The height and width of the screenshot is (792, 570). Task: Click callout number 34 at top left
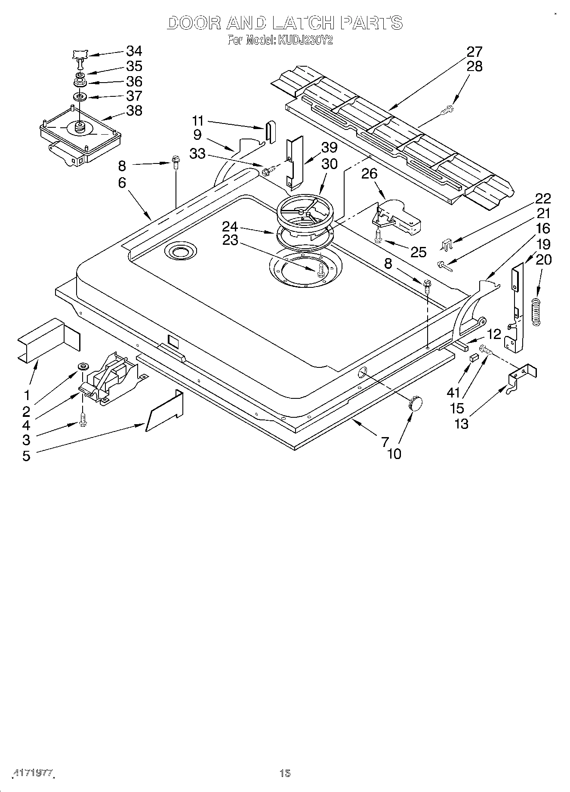coord(134,51)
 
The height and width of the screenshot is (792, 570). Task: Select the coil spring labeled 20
coord(536,311)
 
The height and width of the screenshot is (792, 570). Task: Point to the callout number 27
coord(474,52)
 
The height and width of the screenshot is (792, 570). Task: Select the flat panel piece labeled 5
coord(165,411)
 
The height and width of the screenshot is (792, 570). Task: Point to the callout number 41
coord(453,392)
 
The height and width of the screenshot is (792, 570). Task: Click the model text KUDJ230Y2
coord(305,41)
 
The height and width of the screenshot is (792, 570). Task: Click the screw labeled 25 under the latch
coord(379,236)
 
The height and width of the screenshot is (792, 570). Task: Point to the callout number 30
coord(329,164)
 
